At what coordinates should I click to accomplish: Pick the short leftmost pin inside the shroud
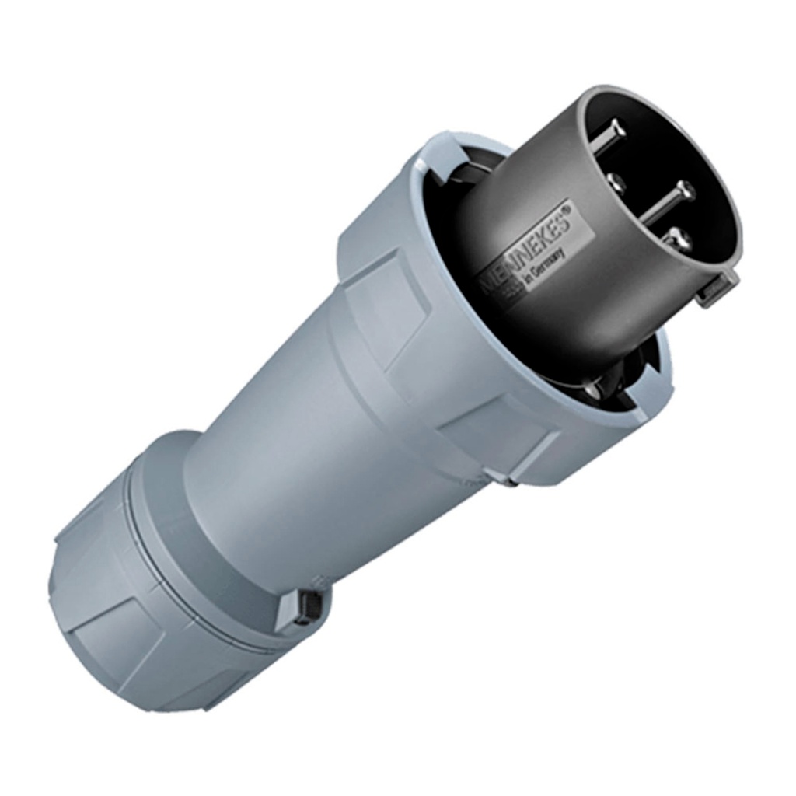[614, 183]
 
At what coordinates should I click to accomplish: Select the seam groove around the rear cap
[194, 591]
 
